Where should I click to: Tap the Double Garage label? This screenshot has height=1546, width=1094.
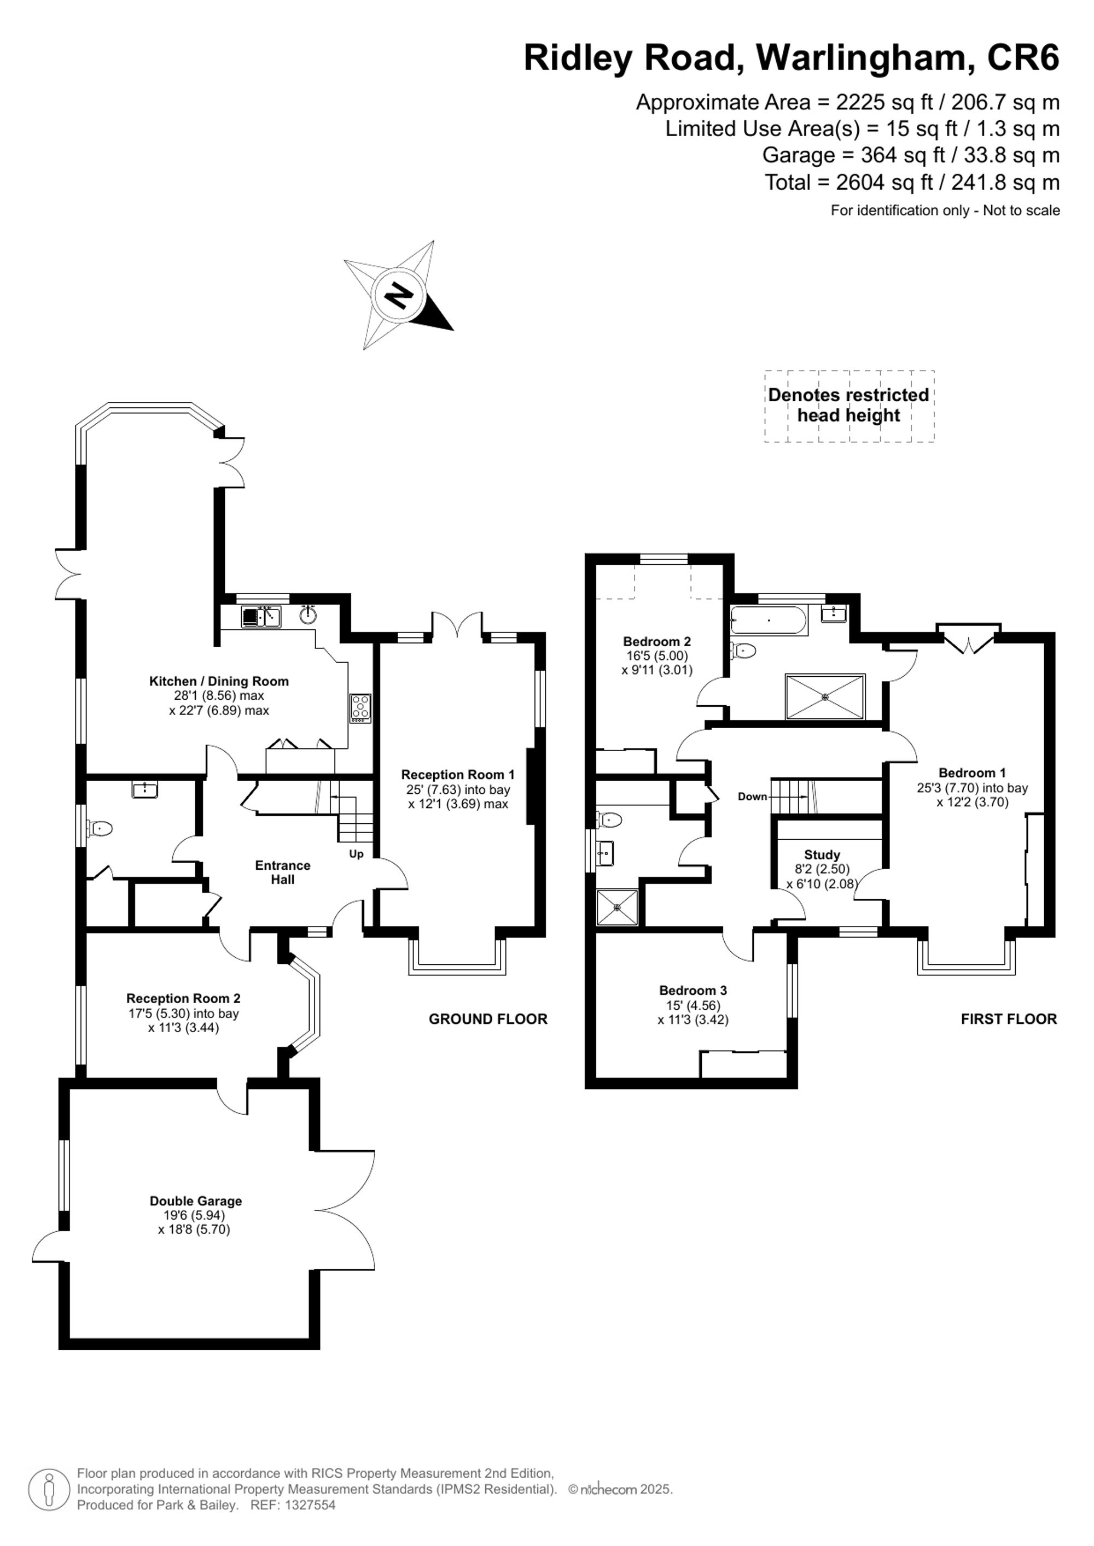coord(195,1201)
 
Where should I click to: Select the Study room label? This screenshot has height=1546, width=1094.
coord(821,854)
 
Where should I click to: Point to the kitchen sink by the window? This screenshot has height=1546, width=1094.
coord(261,616)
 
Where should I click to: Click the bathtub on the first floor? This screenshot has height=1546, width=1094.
coord(769,620)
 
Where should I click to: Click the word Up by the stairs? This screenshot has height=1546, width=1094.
coord(356,854)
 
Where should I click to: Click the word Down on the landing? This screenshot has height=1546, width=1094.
coord(753,797)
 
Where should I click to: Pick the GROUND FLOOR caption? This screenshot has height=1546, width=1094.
coord(488,1019)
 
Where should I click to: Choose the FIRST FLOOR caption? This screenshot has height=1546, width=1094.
coord(1009,1019)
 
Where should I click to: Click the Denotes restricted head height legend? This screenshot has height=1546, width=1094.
coord(849,405)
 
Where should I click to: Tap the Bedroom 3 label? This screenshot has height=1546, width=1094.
coord(693,990)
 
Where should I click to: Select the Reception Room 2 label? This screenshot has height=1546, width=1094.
coord(183,998)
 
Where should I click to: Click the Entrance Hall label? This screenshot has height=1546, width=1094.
coord(282,872)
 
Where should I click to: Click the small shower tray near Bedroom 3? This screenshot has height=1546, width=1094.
coord(617,907)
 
